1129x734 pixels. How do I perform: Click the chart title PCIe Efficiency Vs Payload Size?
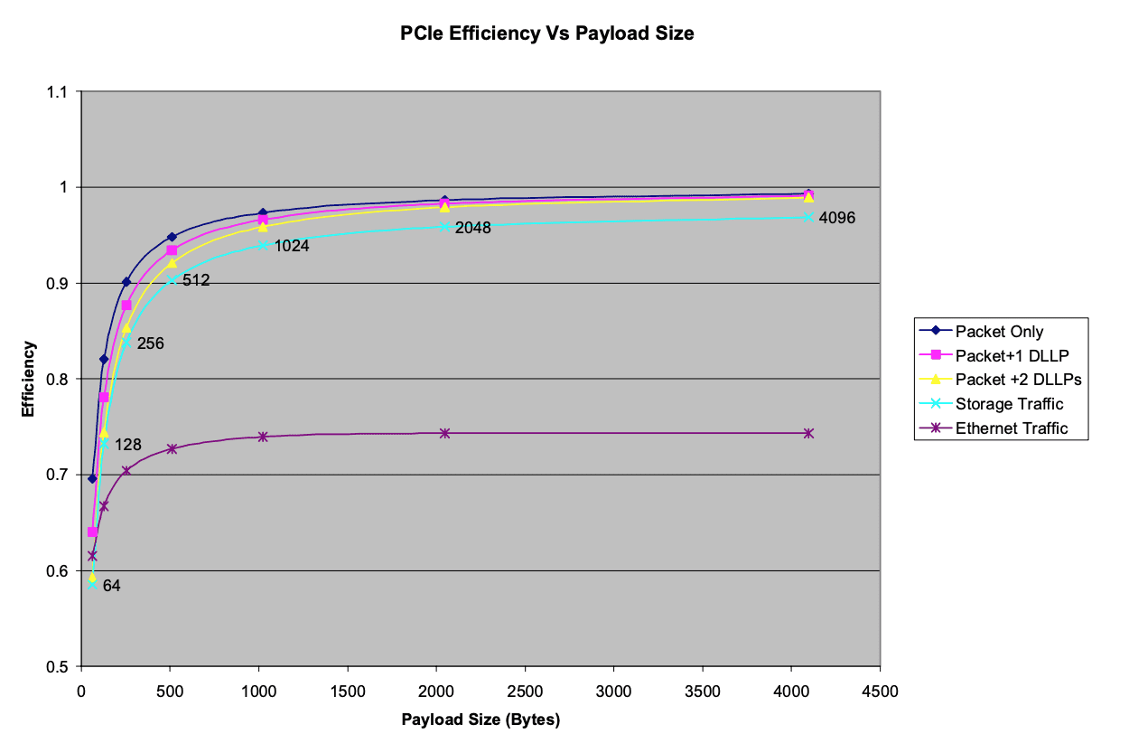546,33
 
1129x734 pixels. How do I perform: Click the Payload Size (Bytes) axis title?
481,720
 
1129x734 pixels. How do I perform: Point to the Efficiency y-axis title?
28,379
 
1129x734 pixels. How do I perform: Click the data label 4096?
836,218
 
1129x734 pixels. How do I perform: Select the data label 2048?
472,228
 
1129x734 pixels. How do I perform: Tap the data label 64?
111,586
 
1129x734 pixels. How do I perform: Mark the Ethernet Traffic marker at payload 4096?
808,433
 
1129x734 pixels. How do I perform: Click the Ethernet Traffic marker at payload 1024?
263,437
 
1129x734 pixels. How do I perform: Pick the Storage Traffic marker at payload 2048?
444,226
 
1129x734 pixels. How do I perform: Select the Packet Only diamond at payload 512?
172,237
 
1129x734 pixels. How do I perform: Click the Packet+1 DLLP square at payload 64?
92,532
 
